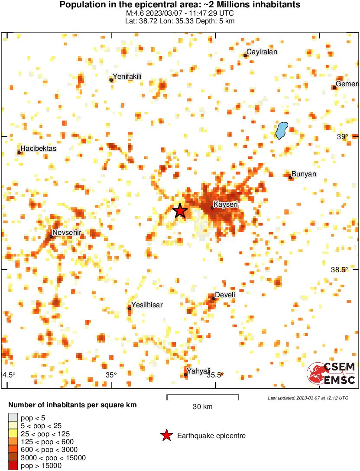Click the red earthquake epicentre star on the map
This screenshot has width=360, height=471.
(x=180, y=211)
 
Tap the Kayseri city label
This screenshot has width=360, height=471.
(x=227, y=204)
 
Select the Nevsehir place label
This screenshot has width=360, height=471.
(x=68, y=233)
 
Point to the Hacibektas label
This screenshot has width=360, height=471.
(x=39, y=149)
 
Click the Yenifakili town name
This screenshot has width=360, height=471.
(x=127, y=77)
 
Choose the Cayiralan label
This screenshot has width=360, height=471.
(x=262, y=52)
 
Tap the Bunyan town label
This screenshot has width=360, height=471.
(x=304, y=174)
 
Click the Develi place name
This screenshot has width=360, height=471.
(x=225, y=295)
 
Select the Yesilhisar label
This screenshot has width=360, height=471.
(x=147, y=305)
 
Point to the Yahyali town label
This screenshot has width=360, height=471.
(x=198, y=371)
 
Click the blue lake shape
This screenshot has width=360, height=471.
(x=282, y=130)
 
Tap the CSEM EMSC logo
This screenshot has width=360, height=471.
(x=331, y=373)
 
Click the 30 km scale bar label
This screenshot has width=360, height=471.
(x=203, y=406)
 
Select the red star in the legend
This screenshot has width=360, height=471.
(x=166, y=436)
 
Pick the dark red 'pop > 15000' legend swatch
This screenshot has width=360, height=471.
(x=13, y=466)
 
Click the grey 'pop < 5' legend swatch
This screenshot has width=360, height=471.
(x=13, y=418)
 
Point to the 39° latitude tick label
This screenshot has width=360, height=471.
(x=342, y=137)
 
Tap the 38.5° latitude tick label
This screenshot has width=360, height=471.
(x=339, y=270)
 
